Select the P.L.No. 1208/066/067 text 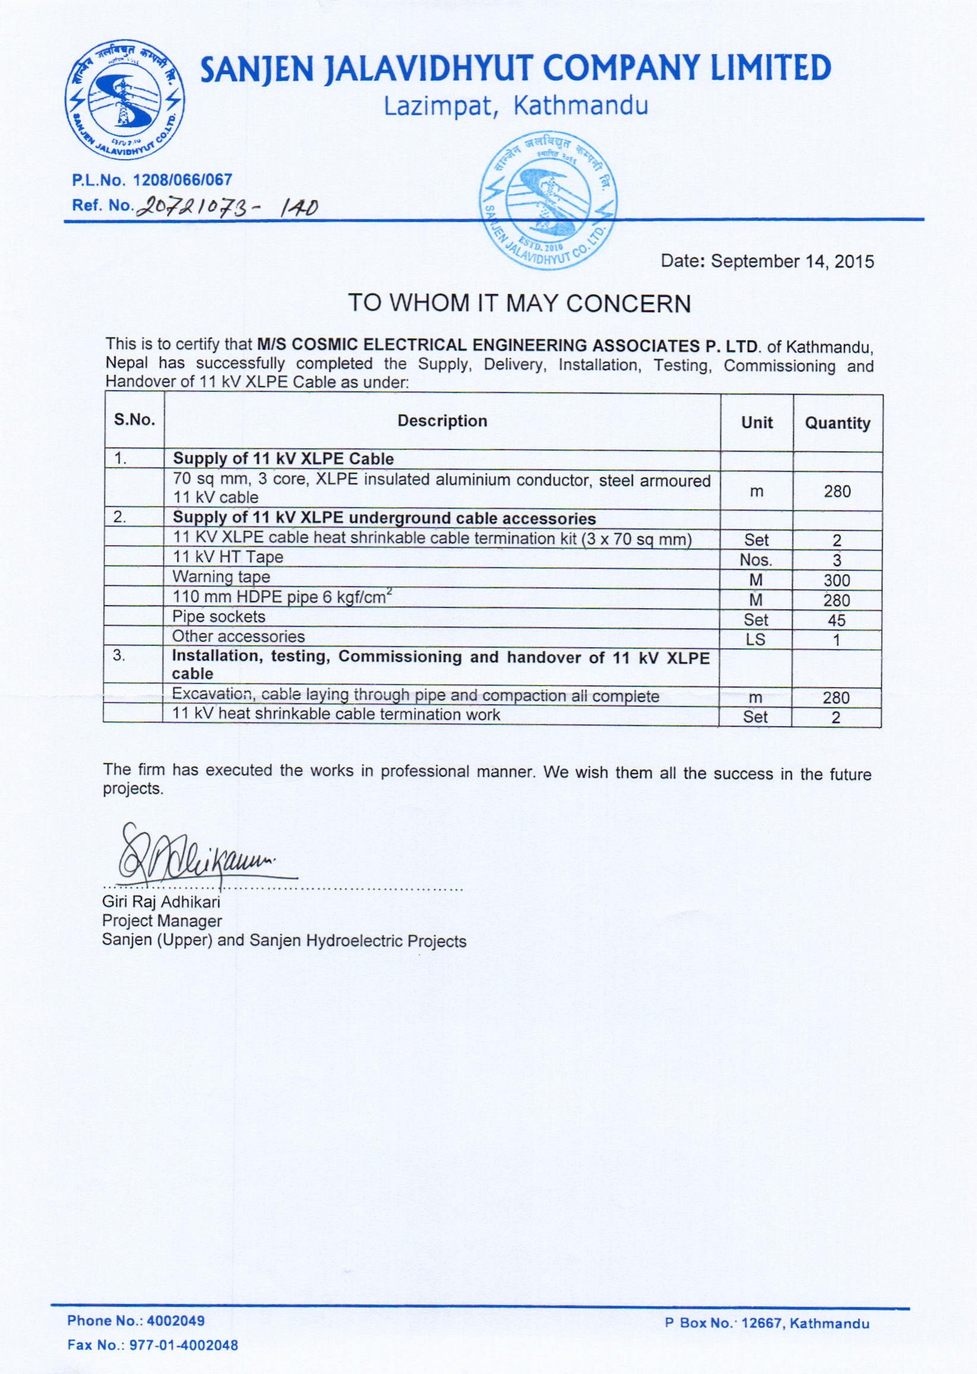coord(151,179)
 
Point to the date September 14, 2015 coord(767,262)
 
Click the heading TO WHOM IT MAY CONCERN coord(519,303)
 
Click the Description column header coord(442,421)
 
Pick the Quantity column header coord(837,423)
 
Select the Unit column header coord(757,423)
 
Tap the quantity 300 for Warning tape coord(837,580)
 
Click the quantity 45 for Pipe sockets coord(836,620)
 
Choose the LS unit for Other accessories coord(755,640)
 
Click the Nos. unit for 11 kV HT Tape coord(755,561)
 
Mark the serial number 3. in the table coord(120,656)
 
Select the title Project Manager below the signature coord(162,921)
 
